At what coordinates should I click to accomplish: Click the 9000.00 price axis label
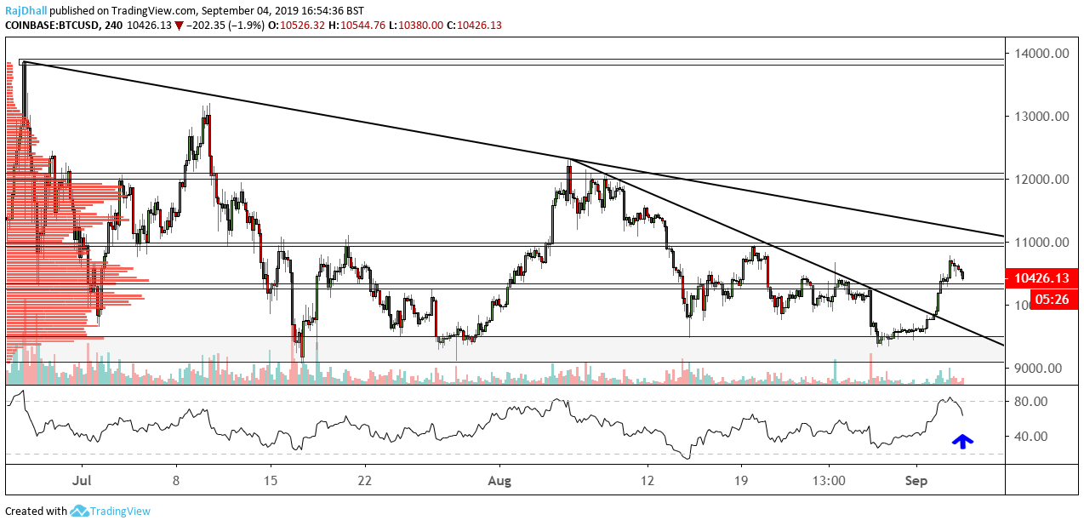click(x=1038, y=369)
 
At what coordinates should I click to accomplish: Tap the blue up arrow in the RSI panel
click(x=962, y=441)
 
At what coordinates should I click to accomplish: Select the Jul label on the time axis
click(x=83, y=481)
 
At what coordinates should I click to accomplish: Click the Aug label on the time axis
click(x=500, y=481)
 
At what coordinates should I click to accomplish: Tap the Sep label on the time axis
click(x=916, y=481)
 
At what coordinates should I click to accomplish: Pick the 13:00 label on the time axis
click(x=830, y=481)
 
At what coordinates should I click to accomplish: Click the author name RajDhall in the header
click(x=26, y=11)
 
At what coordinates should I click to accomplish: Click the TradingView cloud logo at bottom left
click(x=80, y=511)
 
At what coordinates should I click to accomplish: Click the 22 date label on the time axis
click(x=364, y=481)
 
